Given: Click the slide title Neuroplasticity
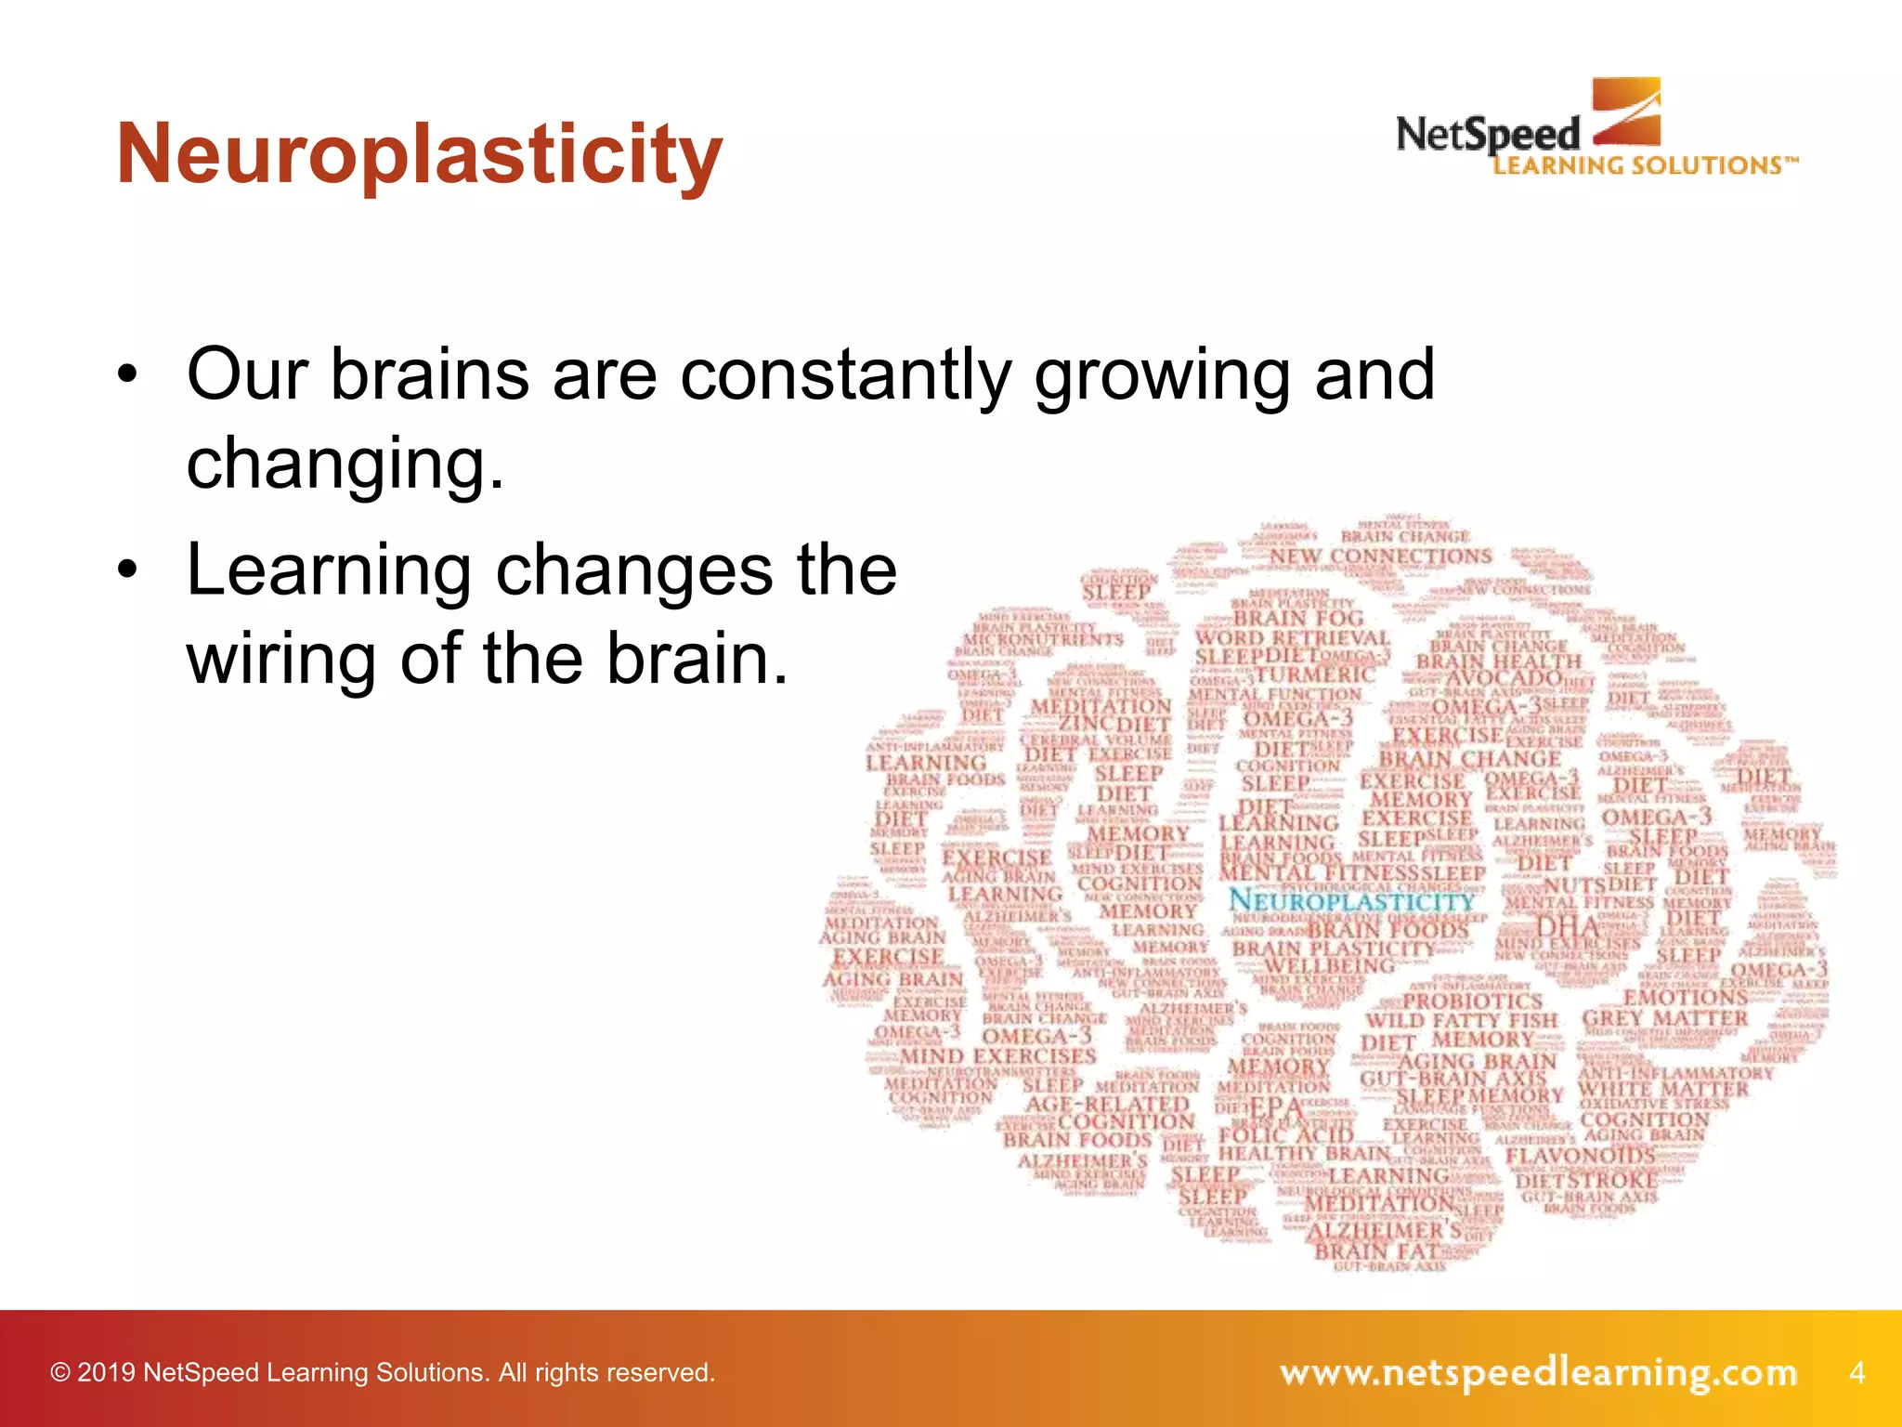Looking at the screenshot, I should [x=419, y=156].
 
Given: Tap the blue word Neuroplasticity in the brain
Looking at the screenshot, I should [x=1351, y=900].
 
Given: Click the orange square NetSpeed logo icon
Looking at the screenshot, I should [x=1626, y=112].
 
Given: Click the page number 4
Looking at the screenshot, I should [x=1856, y=1371].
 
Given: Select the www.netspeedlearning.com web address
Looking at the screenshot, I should [x=1538, y=1372].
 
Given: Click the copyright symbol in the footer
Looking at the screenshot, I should [x=60, y=1372].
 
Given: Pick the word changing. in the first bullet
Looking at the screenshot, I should [x=345, y=464].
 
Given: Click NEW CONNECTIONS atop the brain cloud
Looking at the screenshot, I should [x=1380, y=556].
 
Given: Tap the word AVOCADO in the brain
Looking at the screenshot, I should [x=1504, y=680].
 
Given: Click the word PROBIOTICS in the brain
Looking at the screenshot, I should [x=1472, y=1002].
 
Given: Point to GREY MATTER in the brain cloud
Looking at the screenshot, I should [x=1664, y=1018].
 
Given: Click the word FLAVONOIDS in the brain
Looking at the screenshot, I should [x=1580, y=1156].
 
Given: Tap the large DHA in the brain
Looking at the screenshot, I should [x=1568, y=926].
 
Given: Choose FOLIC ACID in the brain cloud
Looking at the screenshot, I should [x=1286, y=1134].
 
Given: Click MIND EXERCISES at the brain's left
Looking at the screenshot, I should [x=997, y=1056].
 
